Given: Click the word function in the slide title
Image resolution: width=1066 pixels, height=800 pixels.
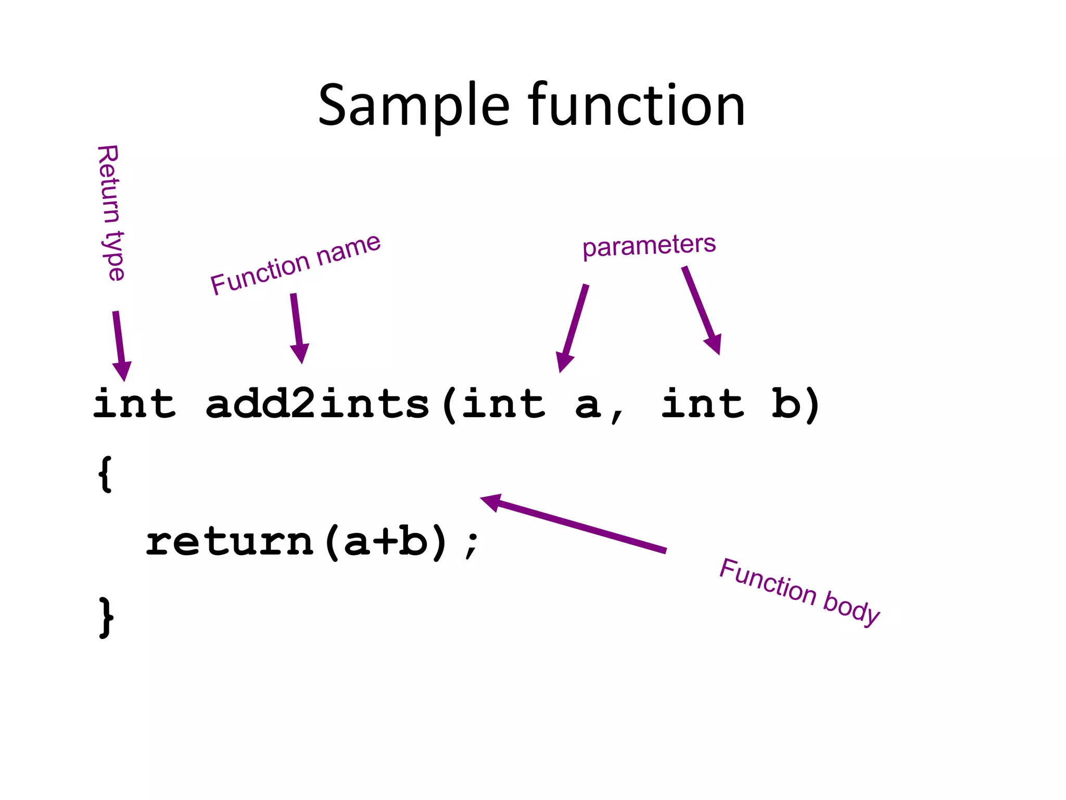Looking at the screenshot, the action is [x=636, y=106].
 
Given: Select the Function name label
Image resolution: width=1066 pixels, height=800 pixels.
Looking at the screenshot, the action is [x=295, y=264].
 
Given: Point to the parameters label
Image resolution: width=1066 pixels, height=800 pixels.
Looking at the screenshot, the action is [x=649, y=245].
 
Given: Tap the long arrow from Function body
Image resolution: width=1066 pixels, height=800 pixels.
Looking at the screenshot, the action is [x=573, y=523].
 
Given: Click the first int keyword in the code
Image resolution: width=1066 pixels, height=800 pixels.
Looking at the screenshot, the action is [x=134, y=404].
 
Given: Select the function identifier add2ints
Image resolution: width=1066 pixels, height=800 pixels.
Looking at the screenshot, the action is [x=318, y=404].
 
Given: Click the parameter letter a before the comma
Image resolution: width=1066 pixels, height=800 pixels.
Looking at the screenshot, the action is [x=588, y=406].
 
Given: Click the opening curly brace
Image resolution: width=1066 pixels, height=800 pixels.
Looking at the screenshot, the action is [x=105, y=473].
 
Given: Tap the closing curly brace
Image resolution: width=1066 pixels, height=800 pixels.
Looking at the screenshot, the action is [x=106, y=618].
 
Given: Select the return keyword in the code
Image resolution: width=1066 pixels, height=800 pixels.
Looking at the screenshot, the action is [x=229, y=542].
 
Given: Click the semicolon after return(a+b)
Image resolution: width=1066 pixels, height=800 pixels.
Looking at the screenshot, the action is [x=472, y=544].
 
